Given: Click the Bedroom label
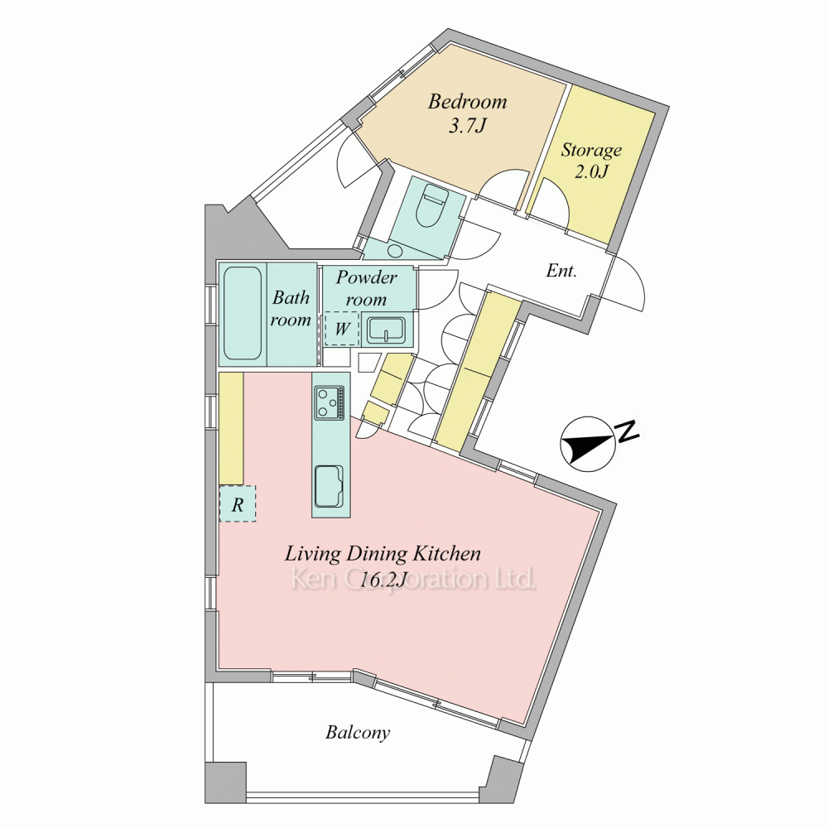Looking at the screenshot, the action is pyautogui.click(x=467, y=101).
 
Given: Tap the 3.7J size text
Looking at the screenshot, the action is pyautogui.click(x=467, y=126).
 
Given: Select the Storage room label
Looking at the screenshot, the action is pyautogui.click(x=591, y=151).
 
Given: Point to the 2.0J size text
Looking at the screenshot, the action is pyautogui.click(x=591, y=171).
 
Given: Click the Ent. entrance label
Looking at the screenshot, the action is pyautogui.click(x=561, y=271).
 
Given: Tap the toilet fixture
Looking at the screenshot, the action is pyautogui.click(x=432, y=206).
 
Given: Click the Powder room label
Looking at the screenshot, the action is pyautogui.click(x=367, y=288).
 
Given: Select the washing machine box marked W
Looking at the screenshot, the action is pyautogui.click(x=342, y=329).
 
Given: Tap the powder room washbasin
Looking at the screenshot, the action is pyautogui.click(x=387, y=330).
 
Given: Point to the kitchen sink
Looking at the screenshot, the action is pyautogui.click(x=330, y=486).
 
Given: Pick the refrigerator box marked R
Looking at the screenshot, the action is pyautogui.click(x=238, y=504).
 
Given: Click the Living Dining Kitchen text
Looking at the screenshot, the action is pyautogui.click(x=383, y=554).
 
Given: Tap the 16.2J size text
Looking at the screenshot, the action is pyautogui.click(x=383, y=580).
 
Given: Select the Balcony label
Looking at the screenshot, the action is pyautogui.click(x=358, y=733).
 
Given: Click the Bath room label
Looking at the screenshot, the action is pyautogui.click(x=291, y=309).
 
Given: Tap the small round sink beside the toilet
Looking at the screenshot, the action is pyautogui.click(x=394, y=250).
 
